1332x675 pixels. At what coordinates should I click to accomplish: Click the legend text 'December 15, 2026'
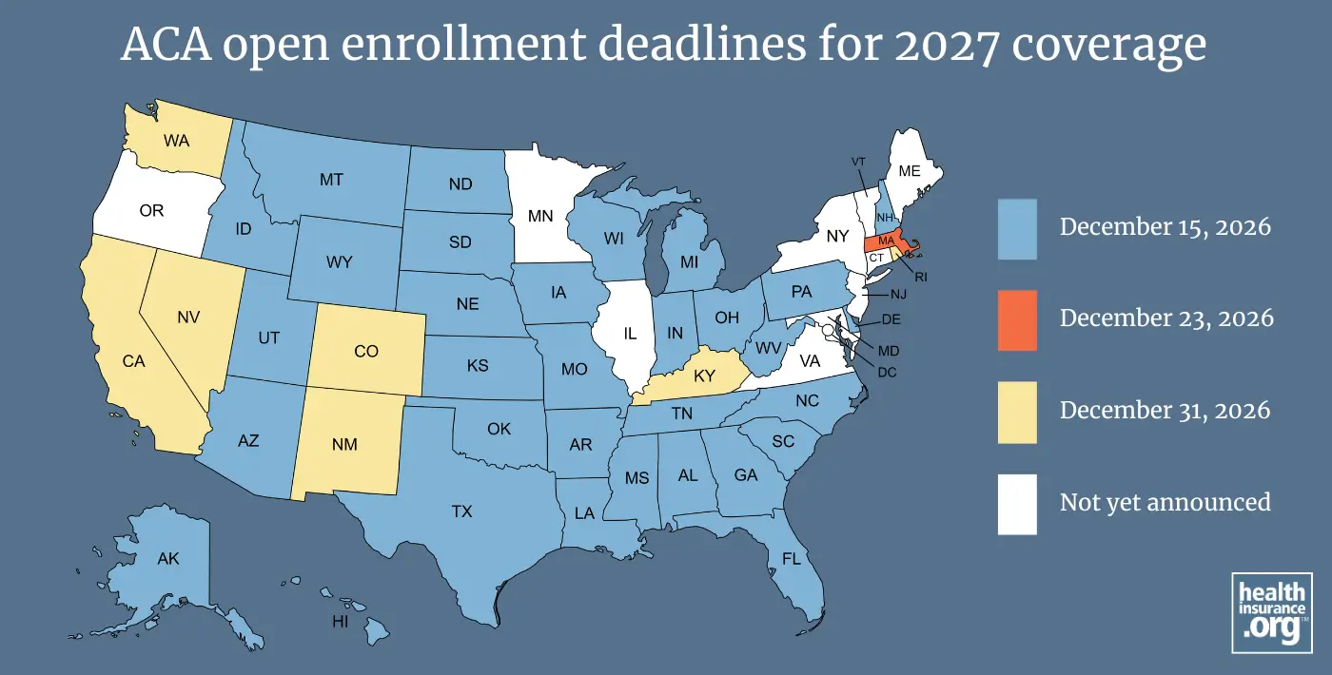click(1165, 227)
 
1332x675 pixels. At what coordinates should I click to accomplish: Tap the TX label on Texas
click(461, 512)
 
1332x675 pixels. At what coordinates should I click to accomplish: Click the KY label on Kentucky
click(704, 376)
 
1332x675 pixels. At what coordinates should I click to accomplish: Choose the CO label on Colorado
click(366, 352)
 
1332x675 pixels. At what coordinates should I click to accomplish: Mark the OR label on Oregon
click(151, 211)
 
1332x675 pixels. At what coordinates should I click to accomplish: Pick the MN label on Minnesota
click(541, 216)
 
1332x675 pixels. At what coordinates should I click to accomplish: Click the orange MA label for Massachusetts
click(886, 241)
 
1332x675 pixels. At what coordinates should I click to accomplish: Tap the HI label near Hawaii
click(339, 621)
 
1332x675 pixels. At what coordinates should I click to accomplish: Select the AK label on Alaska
click(167, 559)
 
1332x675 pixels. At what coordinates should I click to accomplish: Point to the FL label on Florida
click(791, 558)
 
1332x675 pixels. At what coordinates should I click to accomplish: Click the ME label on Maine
click(910, 172)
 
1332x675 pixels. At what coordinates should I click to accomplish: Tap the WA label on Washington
click(176, 141)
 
